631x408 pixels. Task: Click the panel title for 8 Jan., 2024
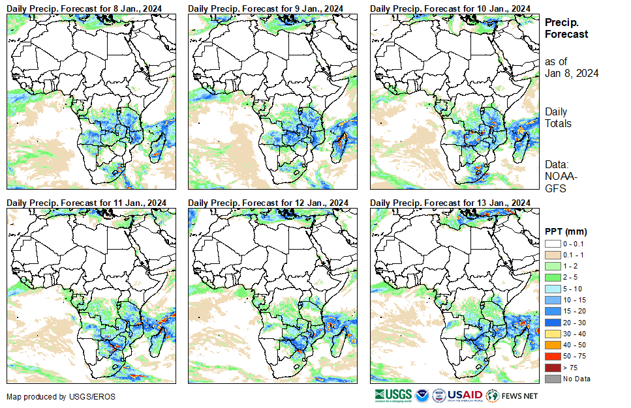tap(85, 8)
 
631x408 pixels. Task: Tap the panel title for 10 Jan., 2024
tap(450, 8)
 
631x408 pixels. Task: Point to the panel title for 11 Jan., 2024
tap(85, 202)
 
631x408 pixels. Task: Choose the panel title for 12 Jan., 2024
tap(267, 202)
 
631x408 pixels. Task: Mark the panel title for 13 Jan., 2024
tap(450, 202)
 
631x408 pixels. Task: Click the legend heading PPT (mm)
tap(566, 231)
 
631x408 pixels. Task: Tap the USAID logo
tap(464, 395)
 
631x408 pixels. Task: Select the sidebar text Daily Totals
tap(559, 117)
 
